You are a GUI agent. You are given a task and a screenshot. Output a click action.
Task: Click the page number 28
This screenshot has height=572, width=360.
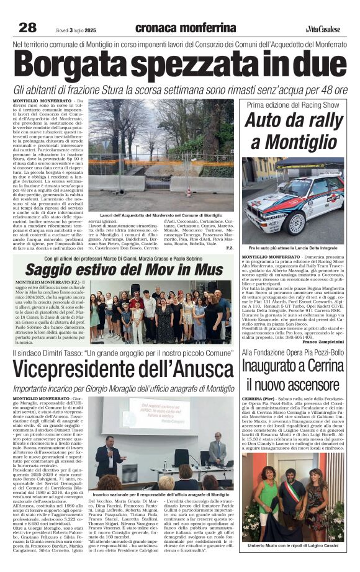pyautogui.click(x=27, y=27)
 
